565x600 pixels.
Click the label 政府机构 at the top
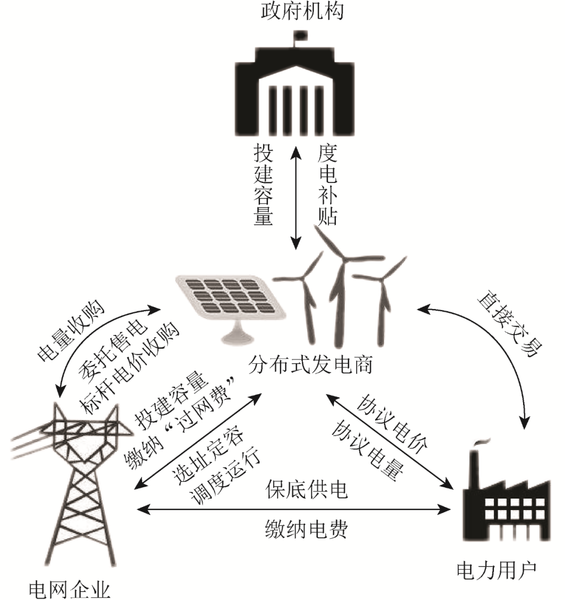(x=302, y=11)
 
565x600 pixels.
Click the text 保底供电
(x=306, y=490)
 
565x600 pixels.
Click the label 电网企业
(x=70, y=590)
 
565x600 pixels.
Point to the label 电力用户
(x=497, y=570)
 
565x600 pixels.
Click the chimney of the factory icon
(x=477, y=460)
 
